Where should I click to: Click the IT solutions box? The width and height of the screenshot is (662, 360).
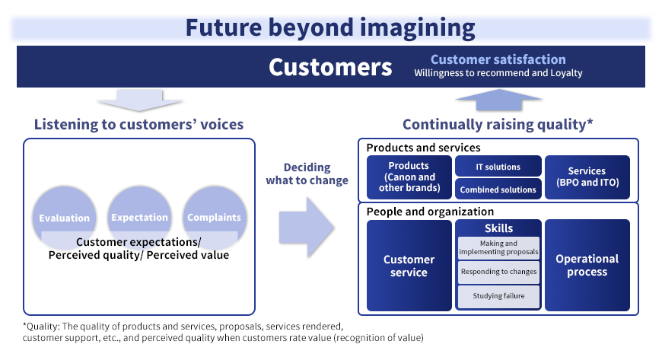[x=498, y=166]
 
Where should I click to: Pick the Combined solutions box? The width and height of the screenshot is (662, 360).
[x=498, y=189]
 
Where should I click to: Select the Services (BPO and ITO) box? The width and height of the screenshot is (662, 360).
[x=587, y=177]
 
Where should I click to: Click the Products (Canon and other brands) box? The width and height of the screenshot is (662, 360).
[x=409, y=177]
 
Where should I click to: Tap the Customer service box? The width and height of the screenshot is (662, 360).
[x=409, y=266]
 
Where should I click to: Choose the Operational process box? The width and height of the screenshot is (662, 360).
[x=587, y=266]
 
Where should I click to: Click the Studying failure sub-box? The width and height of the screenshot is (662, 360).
[x=498, y=296]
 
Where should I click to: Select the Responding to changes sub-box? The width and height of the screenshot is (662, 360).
[x=498, y=272]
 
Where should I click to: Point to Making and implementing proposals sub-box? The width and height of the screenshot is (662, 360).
[x=498, y=247]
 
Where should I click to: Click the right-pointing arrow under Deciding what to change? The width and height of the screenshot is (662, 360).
[x=307, y=228]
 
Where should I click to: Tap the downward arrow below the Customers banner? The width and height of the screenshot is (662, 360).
[x=139, y=100]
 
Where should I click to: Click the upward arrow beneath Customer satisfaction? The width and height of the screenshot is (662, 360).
[x=498, y=100]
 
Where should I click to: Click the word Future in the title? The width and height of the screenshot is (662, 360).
[x=224, y=28]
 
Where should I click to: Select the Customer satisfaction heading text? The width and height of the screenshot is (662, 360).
[x=498, y=59]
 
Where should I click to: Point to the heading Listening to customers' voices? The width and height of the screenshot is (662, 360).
[x=139, y=124]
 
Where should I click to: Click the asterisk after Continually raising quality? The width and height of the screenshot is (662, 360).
[x=590, y=122]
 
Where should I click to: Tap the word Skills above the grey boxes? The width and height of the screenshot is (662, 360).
[x=498, y=228]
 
